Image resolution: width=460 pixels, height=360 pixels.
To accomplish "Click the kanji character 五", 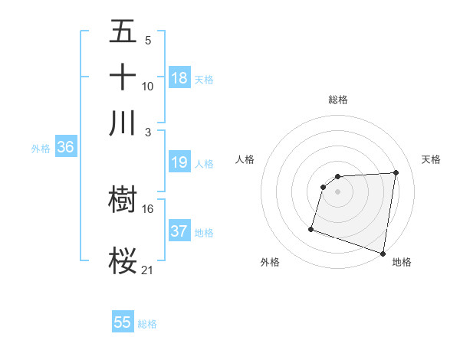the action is [123, 32].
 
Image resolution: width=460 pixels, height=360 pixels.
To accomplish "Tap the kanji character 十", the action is [123, 77].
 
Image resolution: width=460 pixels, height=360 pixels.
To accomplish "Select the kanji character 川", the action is [123, 123].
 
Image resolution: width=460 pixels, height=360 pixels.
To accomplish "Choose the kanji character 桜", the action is [123, 260].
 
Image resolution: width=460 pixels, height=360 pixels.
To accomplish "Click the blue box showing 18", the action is [179, 78].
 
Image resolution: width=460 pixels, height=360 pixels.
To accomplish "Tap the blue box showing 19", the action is [179, 162].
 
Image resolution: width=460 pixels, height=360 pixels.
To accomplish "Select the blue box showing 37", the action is [179, 231].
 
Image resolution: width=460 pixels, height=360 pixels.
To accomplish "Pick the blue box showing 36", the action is [65, 148].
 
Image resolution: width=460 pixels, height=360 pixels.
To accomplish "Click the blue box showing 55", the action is [123, 322].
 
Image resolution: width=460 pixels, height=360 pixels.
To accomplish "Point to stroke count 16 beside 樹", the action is [148, 208].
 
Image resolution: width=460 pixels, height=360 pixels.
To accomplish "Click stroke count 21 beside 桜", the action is [148, 269].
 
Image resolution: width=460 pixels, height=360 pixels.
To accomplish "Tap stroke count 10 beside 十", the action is [148, 86].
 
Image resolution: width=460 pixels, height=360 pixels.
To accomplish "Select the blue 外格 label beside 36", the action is [41, 149].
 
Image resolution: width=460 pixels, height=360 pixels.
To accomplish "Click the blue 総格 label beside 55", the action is [147, 324].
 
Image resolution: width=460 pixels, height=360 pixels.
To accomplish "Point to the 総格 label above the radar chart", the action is [338, 100].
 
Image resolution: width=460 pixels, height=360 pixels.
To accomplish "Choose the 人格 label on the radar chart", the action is [245, 159].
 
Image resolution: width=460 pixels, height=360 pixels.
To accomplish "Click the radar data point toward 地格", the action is [383, 253].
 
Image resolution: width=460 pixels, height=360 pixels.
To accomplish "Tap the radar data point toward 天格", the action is [396, 173].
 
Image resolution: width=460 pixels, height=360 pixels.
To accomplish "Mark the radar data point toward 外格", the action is [311, 228].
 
